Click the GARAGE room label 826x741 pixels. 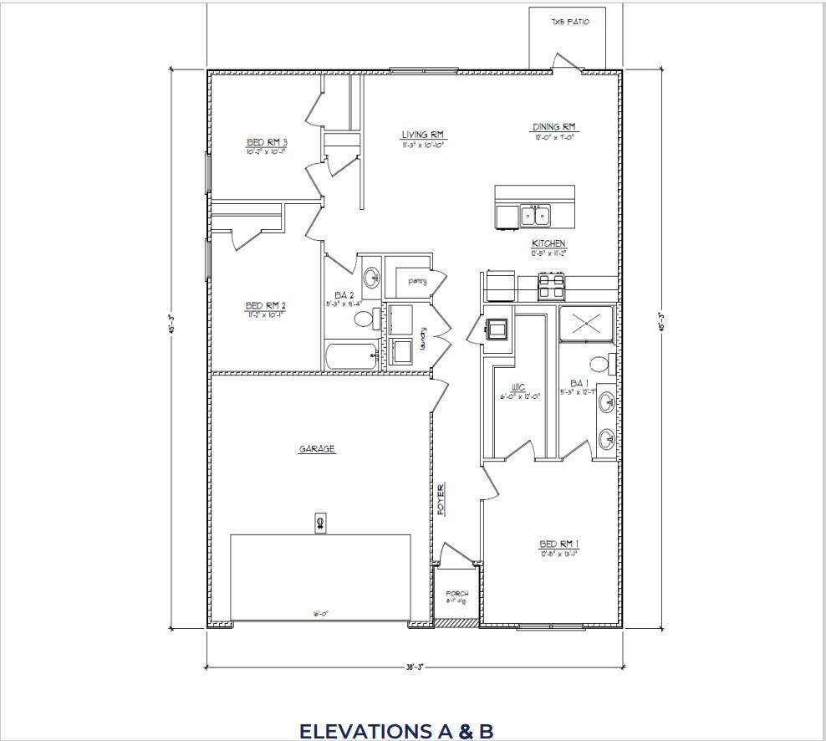coord(317,449)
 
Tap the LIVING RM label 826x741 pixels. coord(422,135)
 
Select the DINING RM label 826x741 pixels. coord(553,127)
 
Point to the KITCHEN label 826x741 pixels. coord(548,243)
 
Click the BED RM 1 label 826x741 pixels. coord(559,544)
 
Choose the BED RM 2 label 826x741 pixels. coord(266,305)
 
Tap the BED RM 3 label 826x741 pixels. coord(267,142)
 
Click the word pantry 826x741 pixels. coord(417,281)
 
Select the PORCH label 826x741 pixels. coord(456,593)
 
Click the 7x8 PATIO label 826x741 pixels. coord(569,22)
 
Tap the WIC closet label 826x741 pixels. coord(519,388)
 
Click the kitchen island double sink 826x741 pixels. coord(535,217)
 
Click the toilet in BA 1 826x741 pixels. coord(599,364)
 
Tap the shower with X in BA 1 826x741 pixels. coord(585,324)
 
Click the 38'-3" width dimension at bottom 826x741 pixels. coord(415,667)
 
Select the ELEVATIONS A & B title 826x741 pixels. coord(396,731)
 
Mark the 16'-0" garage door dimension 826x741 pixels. coord(320,614)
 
